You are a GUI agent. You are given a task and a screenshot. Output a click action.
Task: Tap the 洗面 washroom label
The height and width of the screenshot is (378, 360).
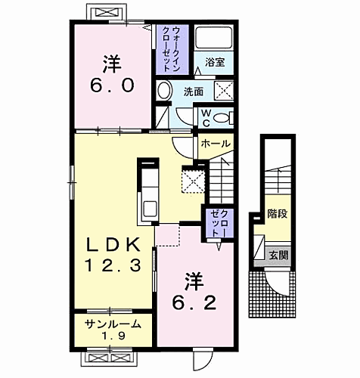pos(193,91)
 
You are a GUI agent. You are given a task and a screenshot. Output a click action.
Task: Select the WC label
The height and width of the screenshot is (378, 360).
pos(205,116)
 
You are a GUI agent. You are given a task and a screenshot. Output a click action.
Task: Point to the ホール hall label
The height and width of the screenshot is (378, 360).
pos(216,143)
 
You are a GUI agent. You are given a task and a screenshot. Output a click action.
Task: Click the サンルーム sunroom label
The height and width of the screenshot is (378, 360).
pos(112,324)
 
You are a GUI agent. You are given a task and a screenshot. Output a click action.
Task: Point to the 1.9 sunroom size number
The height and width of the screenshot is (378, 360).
pos(112,336)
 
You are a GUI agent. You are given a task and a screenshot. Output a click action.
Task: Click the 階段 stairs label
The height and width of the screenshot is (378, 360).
pos(278,213)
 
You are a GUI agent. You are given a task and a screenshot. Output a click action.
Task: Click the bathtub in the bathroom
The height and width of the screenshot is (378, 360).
pos(215,39)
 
